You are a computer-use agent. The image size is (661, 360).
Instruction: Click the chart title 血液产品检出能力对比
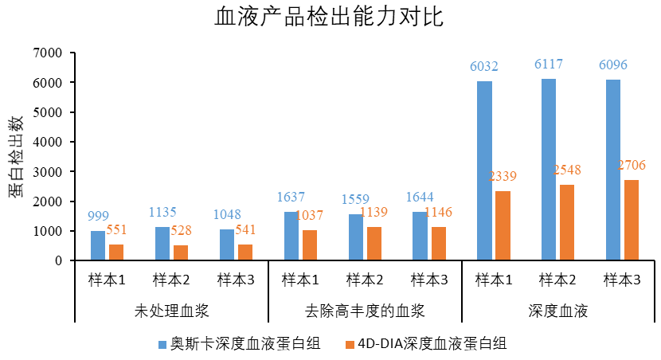(x=330, y=17)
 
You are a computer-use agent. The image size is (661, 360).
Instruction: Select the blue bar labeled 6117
(x=549, y=170)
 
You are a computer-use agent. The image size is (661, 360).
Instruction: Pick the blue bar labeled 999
(x=97, y=245)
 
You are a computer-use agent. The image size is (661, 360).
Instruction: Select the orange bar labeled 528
(x=181, y=252)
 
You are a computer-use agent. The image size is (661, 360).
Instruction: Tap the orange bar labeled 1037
(x=309, y=245)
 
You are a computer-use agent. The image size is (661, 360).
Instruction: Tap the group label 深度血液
(x=557, y=311)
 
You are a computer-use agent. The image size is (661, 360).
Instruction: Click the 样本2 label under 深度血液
(x=557, y=280)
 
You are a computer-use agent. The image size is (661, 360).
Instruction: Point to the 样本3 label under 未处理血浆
(x=236, y=280)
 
